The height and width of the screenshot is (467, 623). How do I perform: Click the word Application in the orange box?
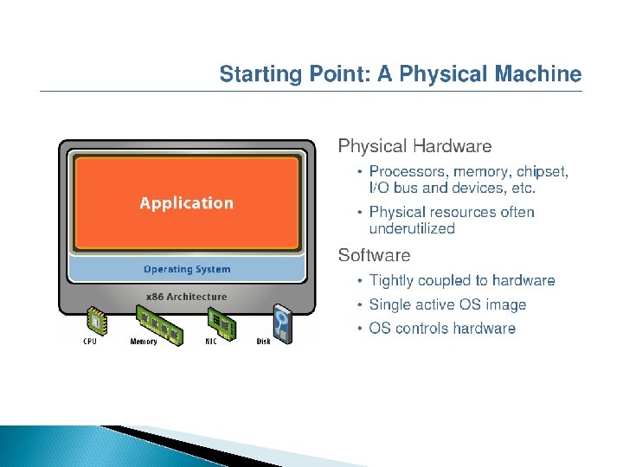(x=186, y=203)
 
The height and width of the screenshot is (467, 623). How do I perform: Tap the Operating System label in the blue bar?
(x=187, y=269)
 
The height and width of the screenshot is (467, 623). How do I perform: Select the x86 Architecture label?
(x=186, y=297)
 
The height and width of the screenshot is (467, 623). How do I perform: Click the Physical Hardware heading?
(x=414, y=146)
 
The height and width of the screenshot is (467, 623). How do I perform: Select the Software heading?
(x=374, y=255)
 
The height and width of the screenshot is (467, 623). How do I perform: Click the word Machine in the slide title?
(x=539, y=74)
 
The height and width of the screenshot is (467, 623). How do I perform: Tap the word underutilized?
(x=412, y=228)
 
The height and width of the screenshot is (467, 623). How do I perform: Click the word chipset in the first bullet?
(x=542, y=172)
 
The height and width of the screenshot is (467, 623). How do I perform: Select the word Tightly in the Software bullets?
(x=391, y=280)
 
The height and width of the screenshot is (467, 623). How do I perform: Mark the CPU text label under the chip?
(x=90, y=342)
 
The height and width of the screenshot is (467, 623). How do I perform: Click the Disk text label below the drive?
(x=263, y=342)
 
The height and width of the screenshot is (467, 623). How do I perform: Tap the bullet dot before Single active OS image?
(x=361, y=305)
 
